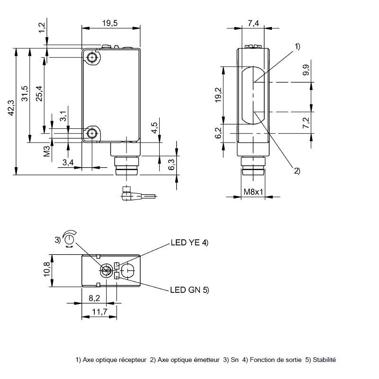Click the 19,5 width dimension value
tap(110, 23)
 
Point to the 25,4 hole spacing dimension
tap(39, 92)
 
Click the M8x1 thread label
tap(253, 192)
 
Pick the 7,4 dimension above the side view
tap(253, 23)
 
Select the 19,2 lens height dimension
tap(218, 95)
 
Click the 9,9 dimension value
tap(307, 70)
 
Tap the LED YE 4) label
tap(189, 243)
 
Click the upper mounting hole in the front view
tap(92, 58)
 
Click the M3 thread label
tap(47, 151)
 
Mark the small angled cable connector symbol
tap(128, 193)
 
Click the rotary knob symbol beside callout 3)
tap(70, 237)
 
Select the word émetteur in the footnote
tap(207, 360)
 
